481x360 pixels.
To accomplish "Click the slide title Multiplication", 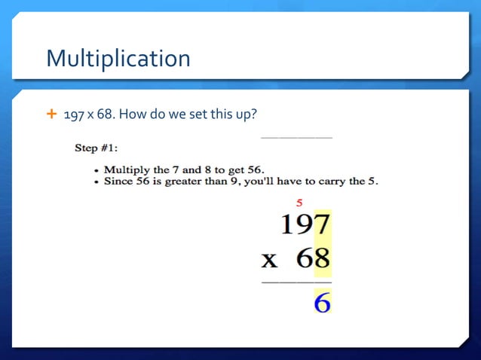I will [118, 58].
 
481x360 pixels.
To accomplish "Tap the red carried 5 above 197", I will [300, 202].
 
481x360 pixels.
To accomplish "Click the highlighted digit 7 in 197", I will [321, 224].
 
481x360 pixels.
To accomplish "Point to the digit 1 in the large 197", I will [286, 224].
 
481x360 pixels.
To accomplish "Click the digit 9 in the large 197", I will [303, 224].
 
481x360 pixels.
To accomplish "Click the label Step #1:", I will [97, 148].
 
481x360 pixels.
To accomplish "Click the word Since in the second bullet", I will [118, 181].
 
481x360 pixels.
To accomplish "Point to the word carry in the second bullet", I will [335, 181].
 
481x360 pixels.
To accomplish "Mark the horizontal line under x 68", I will [296, 282].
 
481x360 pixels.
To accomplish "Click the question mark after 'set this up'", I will [256, 114].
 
